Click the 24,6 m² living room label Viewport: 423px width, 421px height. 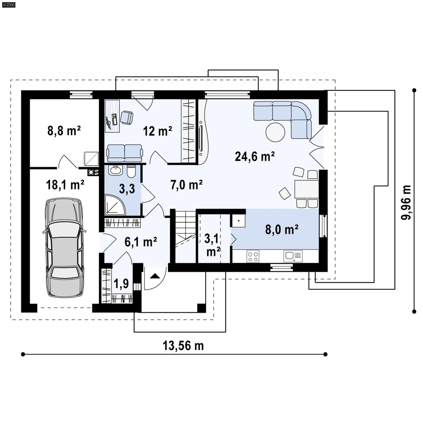click(x=254, y=157)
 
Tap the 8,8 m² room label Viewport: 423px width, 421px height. click(x=64, y=130)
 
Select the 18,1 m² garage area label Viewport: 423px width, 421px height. click(x=65, y=185)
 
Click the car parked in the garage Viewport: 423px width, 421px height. click(x=65, y=248)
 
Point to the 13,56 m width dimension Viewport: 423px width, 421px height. click(x=183, y=346)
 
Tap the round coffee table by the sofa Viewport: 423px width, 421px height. click(x=275, y=132)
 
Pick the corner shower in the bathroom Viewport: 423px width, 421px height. click(x=114, y=205)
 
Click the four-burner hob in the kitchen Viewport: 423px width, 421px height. click(x=252, y=256)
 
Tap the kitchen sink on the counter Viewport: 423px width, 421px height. click(x=293, y=256)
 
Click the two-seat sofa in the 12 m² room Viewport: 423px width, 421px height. click(x=124, y=153)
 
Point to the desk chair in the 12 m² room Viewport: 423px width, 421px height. click(x=127, y=117)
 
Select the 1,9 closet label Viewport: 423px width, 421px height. click(x=121, y=284)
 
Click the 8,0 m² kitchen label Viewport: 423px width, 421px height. click(x=282, y=230)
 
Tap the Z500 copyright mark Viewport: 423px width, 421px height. click(x=8, y=4)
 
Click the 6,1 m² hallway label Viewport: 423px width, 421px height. click(x=141, y=242)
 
